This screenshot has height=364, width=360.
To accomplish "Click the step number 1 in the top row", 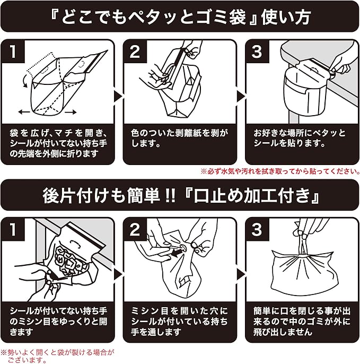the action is [x=13, y=51].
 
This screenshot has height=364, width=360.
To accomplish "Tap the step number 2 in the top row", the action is [x=135, y=51].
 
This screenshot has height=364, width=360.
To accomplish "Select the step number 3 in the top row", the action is [x=257, y=51].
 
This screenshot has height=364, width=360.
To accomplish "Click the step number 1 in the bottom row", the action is [x=13, y=229].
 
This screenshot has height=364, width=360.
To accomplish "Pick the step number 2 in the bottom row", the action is [x=135, y=229].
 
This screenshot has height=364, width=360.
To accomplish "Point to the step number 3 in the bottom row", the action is [x=257, y=229].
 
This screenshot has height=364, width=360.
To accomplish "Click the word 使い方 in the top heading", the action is [x=286, y=17].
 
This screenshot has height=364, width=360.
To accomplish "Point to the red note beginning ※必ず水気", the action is [x=280, y=171].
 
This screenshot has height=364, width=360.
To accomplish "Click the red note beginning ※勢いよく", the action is [x=57, y=356].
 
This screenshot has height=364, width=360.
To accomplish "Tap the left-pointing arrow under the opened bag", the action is [x=24, y=112].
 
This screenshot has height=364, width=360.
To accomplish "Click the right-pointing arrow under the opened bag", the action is [x=71, y=112].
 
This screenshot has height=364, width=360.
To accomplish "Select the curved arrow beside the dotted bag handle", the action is [x=24, y=81].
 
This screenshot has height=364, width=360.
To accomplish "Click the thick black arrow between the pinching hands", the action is [x=177, y=253].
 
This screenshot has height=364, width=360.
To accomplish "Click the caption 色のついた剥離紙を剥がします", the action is [x=179, y=138].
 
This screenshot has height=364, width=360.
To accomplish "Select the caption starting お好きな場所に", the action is [x=300, y=138].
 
